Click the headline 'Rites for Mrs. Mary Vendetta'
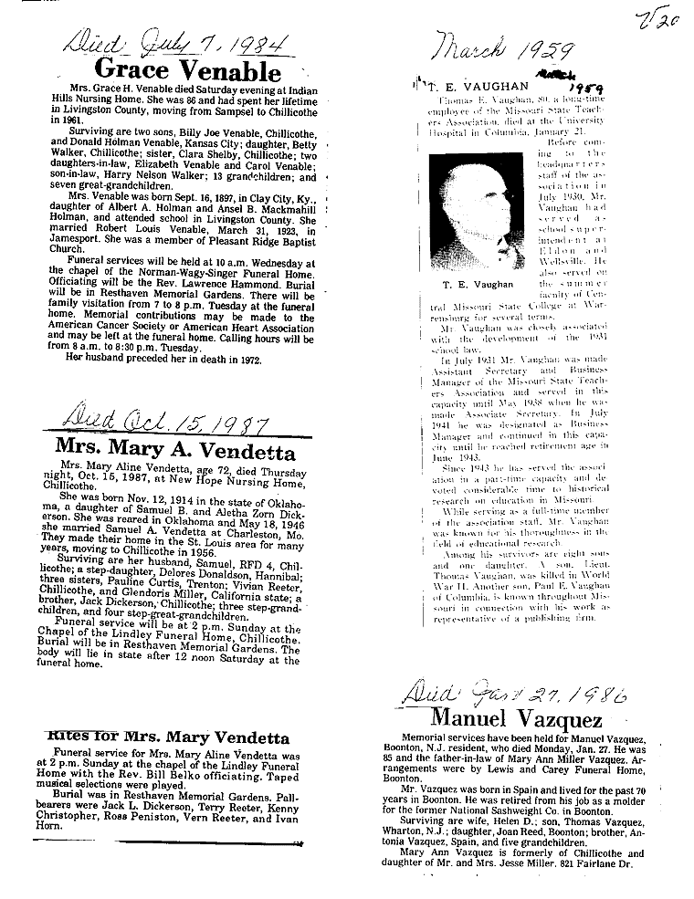click(x=168, y=737)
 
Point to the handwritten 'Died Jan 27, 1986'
click(x=511, y=695)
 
